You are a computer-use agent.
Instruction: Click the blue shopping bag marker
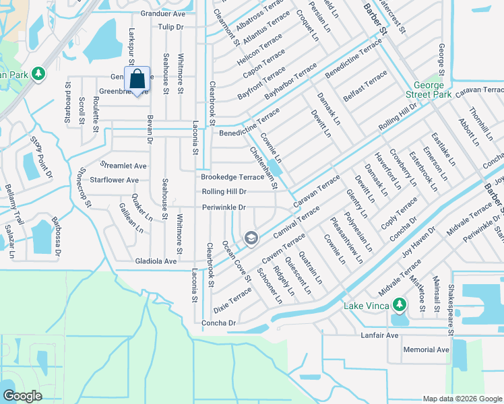pos(137,80)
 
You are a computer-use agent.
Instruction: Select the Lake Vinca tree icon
pos(400,306)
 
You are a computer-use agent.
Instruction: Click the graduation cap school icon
pos(251,236)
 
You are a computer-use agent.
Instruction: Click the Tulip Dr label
pos(170,27)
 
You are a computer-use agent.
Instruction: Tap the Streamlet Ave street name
pos(123,165)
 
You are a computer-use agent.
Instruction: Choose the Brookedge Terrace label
pos(232,177)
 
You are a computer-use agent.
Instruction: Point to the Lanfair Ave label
pos(379,335)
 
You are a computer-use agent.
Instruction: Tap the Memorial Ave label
pos(426,350)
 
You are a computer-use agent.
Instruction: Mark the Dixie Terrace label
pos(232,300)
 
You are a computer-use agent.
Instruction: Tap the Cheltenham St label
pos(263,168)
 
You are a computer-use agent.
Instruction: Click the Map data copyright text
pos(462,399)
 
